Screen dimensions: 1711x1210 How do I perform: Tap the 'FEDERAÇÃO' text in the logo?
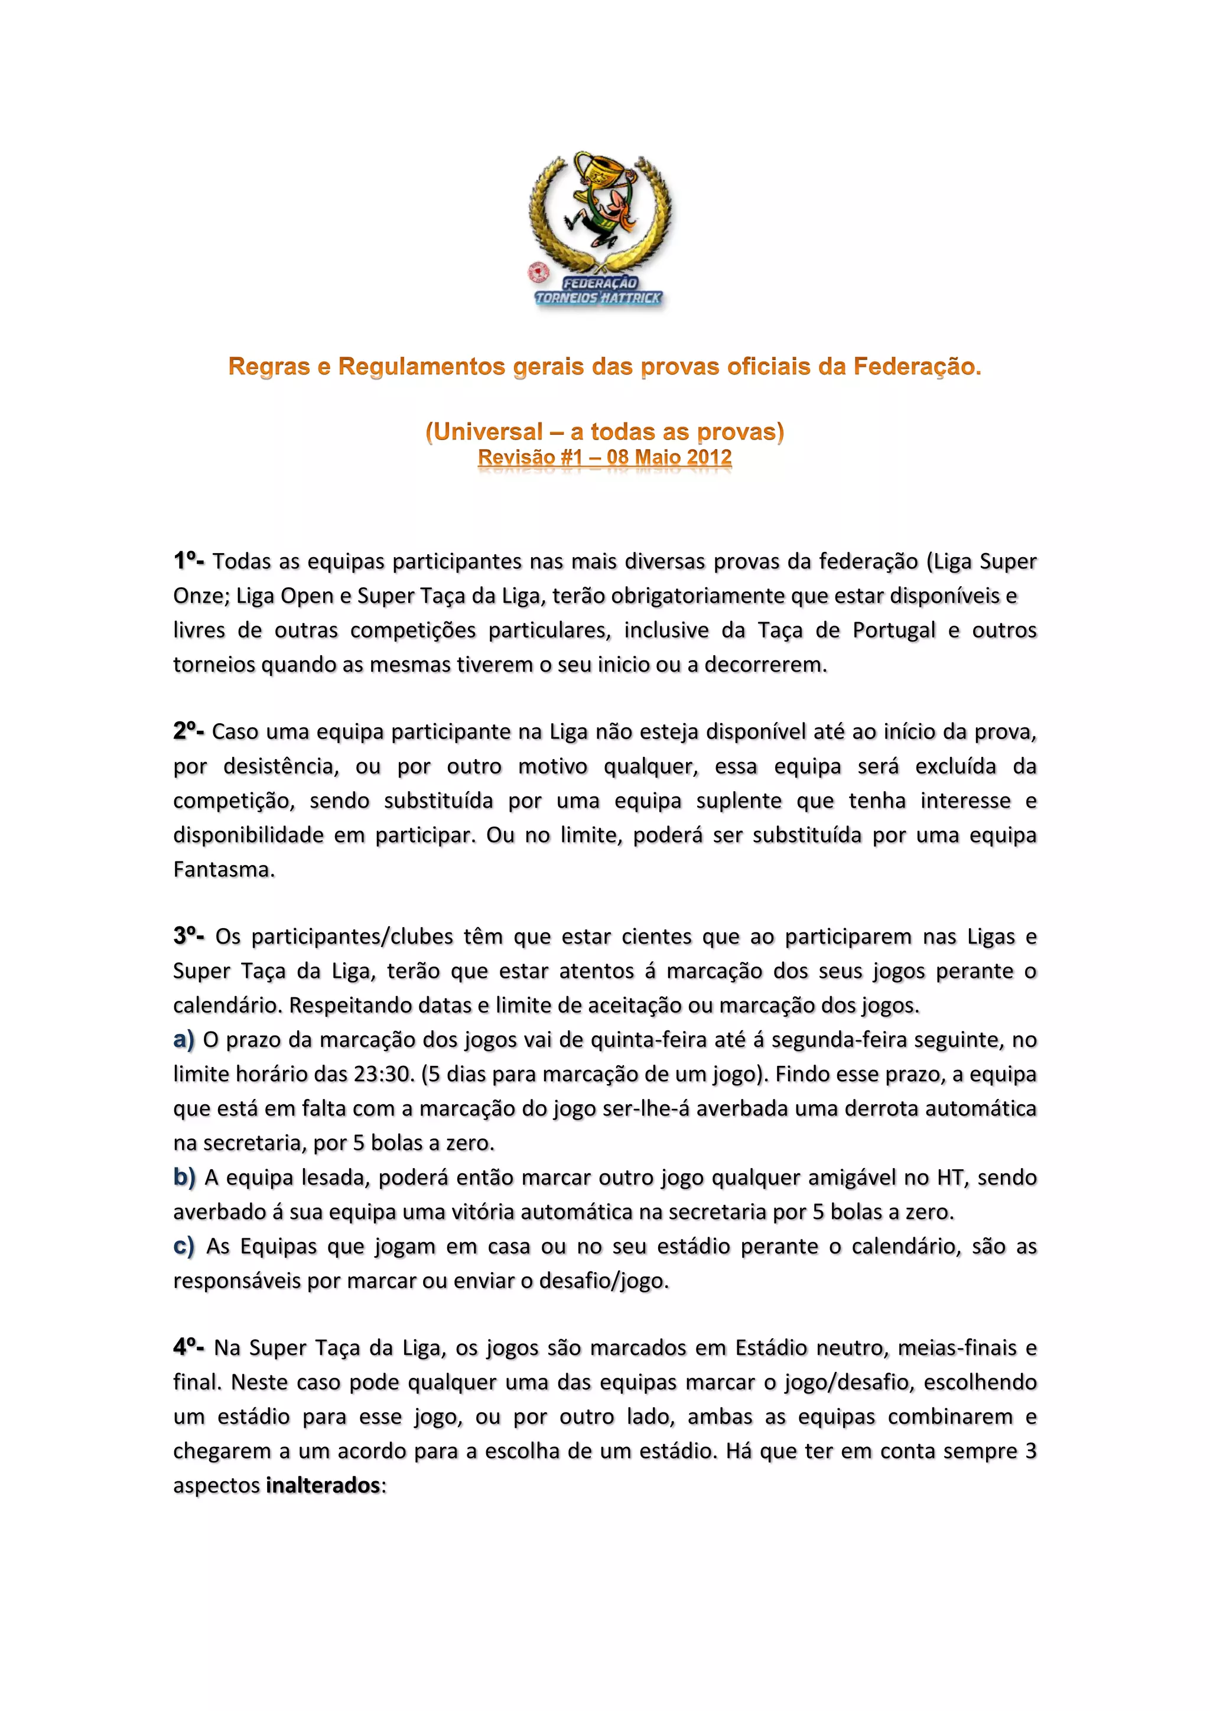[x=600, y=283]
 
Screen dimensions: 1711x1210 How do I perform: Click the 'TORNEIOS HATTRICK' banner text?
[x=599, y=298]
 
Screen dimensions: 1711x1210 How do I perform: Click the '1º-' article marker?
[x=188, y=561]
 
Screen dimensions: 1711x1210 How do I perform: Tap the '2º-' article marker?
[x=188, y=731]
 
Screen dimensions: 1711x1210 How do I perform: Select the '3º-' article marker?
[x=188, y=936]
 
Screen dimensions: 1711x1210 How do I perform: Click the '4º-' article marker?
[x=188, y=1347]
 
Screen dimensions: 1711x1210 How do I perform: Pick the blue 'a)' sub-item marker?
[x=183, y=1039]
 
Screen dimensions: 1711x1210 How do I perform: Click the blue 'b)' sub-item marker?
[x=184, y=1177]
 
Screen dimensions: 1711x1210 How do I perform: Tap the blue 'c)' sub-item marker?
[x=183, y=1246]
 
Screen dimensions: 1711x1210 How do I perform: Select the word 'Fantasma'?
[x=223, y=869]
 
